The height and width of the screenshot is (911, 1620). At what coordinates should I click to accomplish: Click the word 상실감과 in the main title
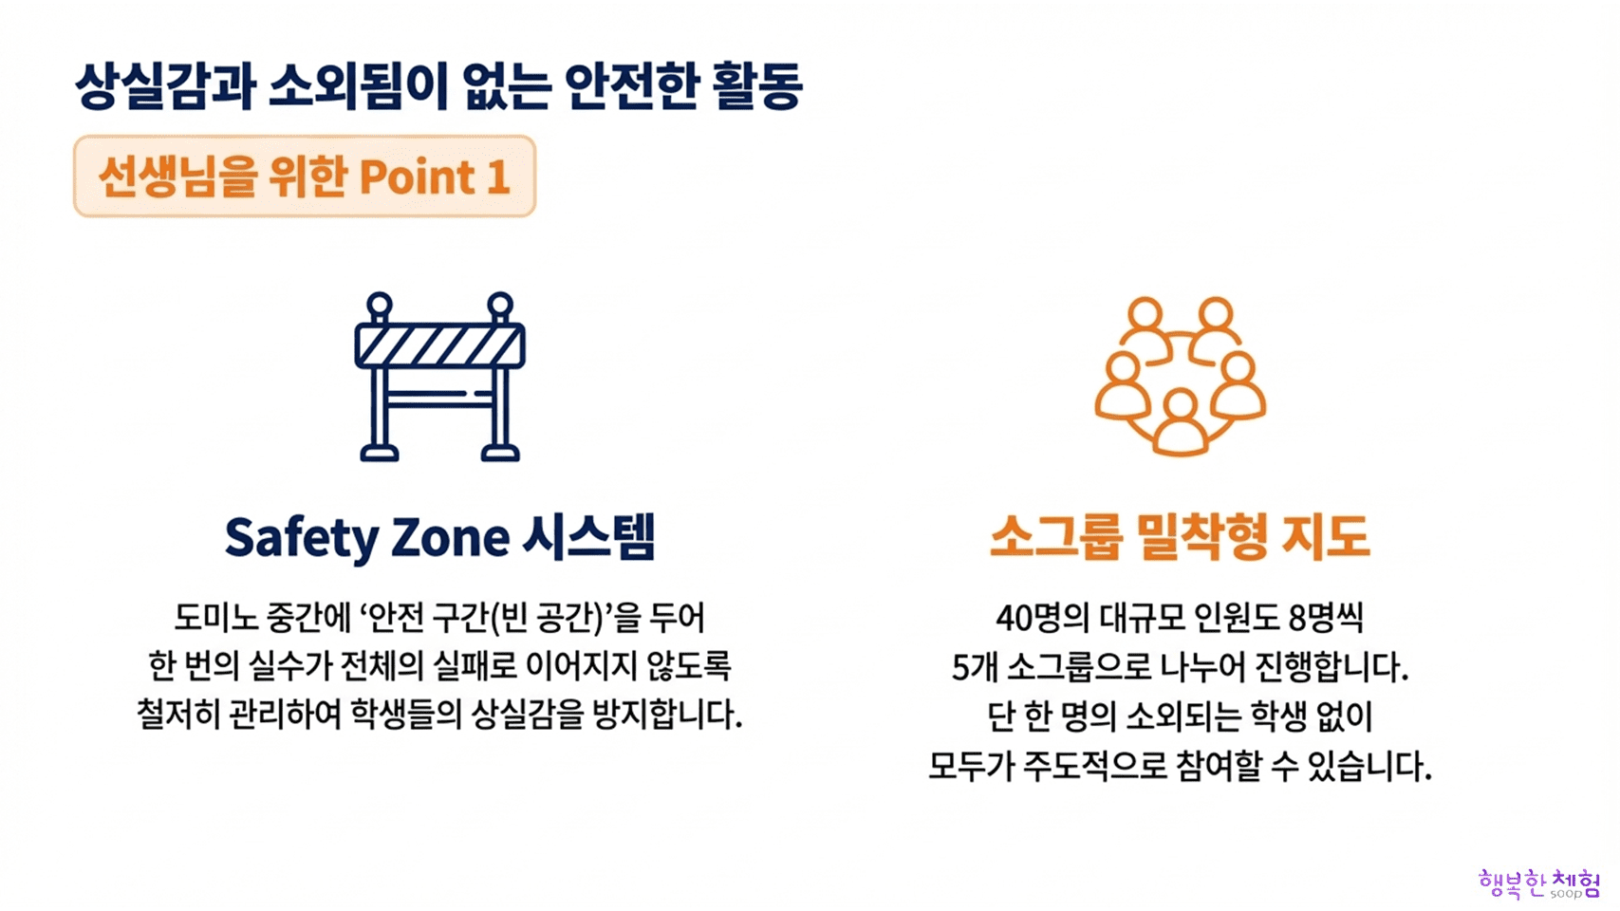166,86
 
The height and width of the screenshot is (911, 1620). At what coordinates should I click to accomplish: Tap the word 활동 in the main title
758,86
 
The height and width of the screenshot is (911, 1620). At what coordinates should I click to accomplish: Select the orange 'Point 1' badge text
304,177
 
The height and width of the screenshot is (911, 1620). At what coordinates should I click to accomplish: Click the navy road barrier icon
439,376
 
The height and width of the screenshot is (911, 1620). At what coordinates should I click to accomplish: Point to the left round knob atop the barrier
379,306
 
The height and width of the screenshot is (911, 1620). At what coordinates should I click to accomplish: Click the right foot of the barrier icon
500,454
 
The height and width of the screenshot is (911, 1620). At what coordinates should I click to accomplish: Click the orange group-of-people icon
1181,376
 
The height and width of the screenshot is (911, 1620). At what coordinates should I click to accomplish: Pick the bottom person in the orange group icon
1181,423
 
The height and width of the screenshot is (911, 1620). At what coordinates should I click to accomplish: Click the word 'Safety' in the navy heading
302,538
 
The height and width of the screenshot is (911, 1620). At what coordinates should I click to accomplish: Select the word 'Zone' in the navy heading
450,538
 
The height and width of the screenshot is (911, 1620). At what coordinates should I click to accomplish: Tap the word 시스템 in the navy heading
588,536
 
